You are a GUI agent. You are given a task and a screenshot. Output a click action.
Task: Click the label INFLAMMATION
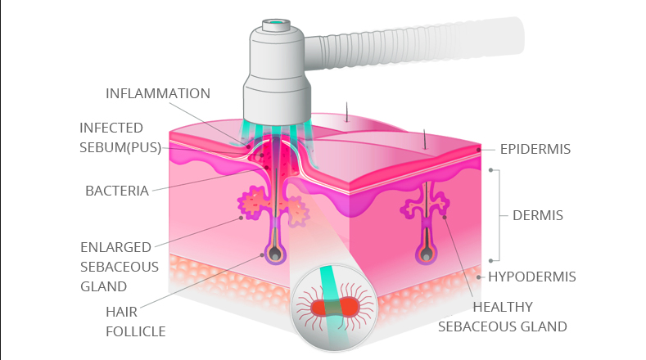pos(158,93)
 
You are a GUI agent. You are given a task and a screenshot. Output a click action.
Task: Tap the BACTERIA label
pos(117,191)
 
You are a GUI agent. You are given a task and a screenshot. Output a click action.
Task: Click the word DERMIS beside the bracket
pos(537,215)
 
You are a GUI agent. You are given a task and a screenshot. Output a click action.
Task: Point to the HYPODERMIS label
pos(532,277)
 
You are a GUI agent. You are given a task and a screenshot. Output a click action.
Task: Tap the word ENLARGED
pos(115,246)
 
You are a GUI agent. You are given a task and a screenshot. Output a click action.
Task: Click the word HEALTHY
pos(503,307)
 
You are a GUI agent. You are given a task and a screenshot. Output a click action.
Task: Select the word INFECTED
pos(111,128)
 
